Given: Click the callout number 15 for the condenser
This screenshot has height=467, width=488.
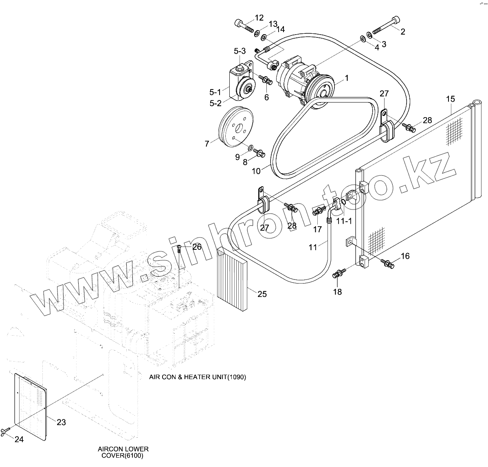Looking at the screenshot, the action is pos(451,99).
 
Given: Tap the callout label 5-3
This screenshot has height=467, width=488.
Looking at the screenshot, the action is pos(240,51).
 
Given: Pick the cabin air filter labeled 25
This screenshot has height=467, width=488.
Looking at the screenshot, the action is pos(232,279).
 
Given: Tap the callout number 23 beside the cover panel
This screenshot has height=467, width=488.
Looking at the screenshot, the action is pos(62,422).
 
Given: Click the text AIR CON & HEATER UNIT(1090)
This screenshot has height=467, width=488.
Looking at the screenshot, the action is pos(198,377).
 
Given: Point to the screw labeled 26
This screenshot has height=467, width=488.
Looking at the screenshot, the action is pos(179,249).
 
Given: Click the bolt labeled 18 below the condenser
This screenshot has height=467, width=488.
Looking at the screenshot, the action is pos(338,273).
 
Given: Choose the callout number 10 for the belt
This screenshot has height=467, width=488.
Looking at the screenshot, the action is pos(256,171).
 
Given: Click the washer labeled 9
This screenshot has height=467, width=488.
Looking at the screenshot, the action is pos(251,146).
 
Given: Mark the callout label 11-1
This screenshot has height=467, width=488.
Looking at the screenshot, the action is pos(344,221).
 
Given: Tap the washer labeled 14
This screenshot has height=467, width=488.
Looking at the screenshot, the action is pos(263,37).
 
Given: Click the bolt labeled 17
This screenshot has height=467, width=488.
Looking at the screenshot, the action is pos(319,211).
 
